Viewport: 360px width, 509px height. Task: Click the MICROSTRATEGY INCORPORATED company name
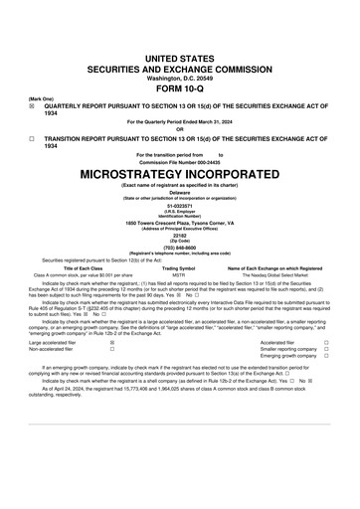[179, 173]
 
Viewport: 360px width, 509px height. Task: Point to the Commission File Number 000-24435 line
[179, 161]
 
